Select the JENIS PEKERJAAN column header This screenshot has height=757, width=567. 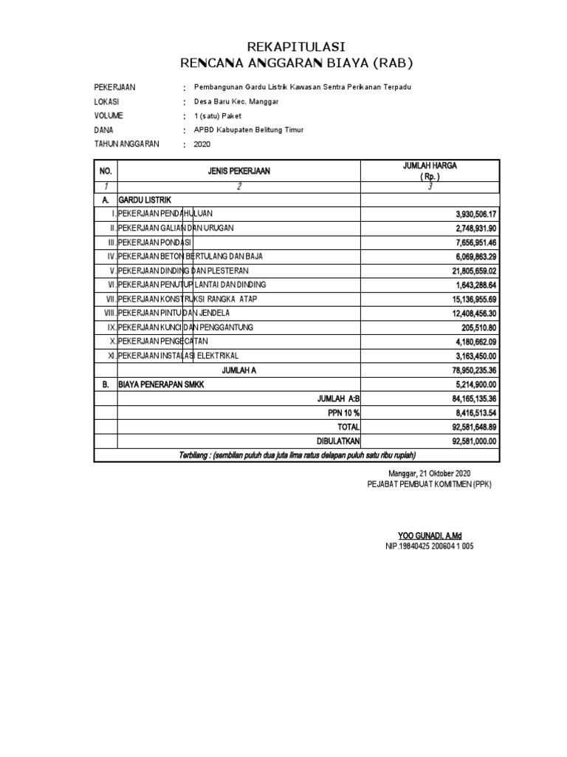[x=238, y=171]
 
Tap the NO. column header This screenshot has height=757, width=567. [x=105, y=171]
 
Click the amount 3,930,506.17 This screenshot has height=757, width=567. [x=477, y=214]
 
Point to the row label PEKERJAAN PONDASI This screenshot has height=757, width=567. [x=155, y=242]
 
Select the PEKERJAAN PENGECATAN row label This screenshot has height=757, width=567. [x=163, y=341]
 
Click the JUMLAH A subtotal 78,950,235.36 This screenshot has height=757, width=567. [x=473, y=370]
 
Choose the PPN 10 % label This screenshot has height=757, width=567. [x=343, y=413]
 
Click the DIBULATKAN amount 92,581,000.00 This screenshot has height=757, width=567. [x=473, y=441]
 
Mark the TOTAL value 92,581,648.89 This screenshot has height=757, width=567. [x=473, y=427]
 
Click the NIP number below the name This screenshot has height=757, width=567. [x=429, y=546]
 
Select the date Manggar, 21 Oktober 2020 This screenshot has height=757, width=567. [x=429, y=473]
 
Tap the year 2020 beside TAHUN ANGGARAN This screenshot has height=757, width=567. [x=202, y=144]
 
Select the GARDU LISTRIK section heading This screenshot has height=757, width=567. [x=145, y=200]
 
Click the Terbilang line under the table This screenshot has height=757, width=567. [x=298, y=454]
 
